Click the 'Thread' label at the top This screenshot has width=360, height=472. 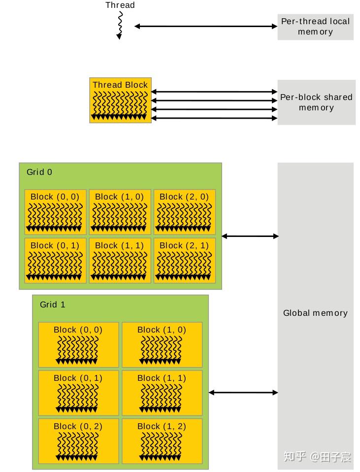(x=120, y=5)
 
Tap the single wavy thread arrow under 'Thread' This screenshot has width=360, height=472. (x=120, y=26)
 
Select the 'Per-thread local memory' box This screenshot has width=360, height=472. (x=315, y=27)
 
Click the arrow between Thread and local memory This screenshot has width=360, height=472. (x=205, y=27)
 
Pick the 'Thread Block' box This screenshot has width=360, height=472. (x=120, y=100)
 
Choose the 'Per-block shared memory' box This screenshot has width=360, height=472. (x=316, y=102)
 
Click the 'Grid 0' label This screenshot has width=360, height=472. (x=39, y=172)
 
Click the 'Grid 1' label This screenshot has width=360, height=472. (x=52, y=304)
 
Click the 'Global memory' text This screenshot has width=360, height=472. (x=315, y=313)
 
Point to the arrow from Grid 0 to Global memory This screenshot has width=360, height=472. (x=250, y=236)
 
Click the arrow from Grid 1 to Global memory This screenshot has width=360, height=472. (x=243, y=393)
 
